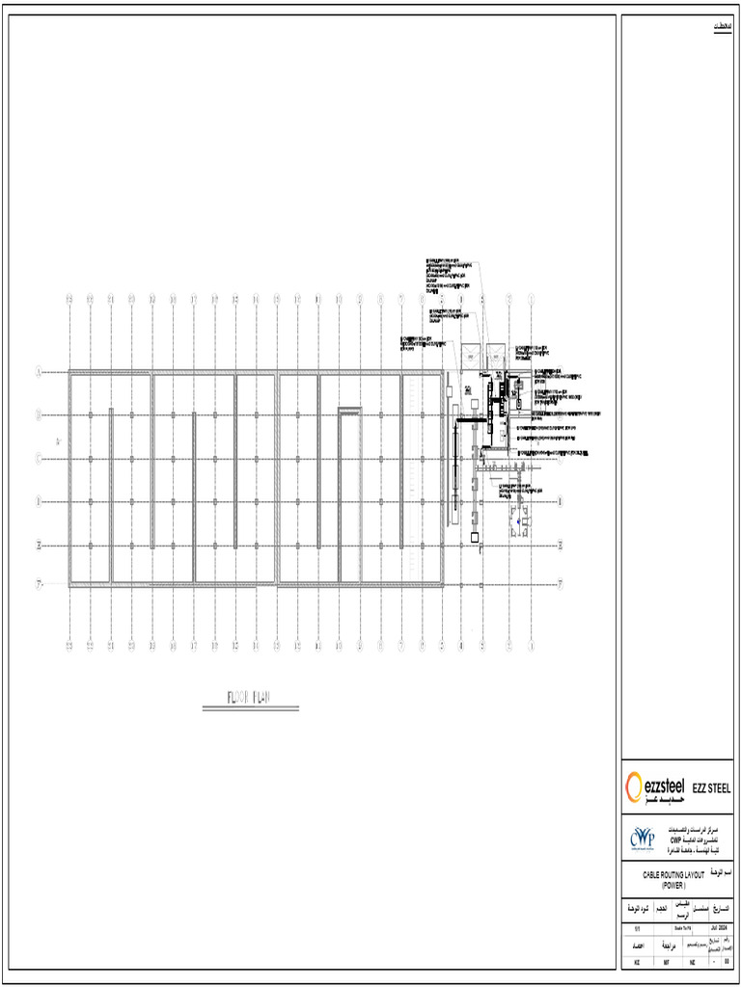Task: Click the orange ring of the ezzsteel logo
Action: click(x=634, y=787)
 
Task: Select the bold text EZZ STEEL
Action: click(x=712, y=789)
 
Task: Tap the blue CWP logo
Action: click(x=642, y=837)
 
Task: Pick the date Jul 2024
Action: click(x=717, y=927)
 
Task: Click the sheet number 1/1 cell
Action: click(x=636, y=927)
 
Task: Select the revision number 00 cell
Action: click(x=727, y=962)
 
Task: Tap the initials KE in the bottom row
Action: click(x=636, y=962)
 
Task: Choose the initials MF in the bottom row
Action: click(x=667, y=962)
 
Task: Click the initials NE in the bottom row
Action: click(x=692, y=962)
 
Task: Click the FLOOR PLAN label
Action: click(x=249, y=697)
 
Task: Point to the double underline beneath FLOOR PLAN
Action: click(x=250, y=709)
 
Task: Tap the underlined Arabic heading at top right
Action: click(x=722, y=25)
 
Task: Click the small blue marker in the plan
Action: click(x=518, y=520)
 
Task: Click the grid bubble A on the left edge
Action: click(x=39, y=371)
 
